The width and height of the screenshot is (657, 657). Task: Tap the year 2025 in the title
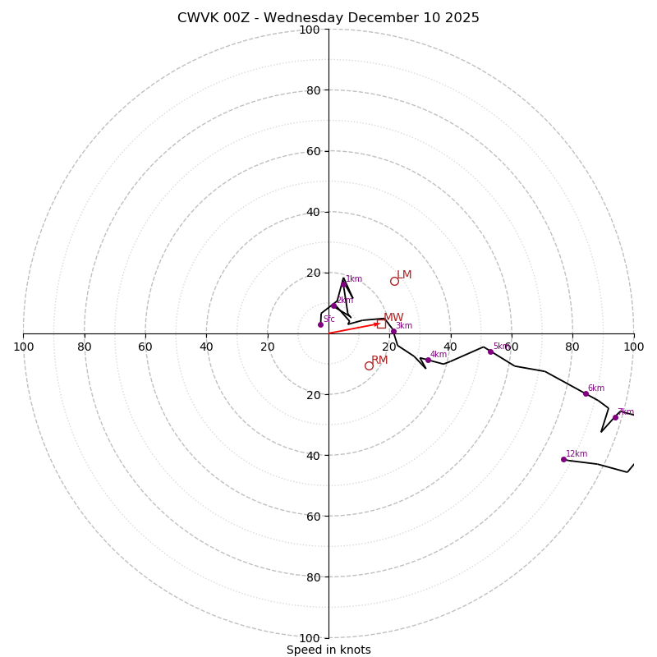pos(462,18)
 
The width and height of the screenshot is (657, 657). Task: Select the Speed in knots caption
pos(328,650)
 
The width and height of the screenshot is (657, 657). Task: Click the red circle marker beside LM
pos(394,281)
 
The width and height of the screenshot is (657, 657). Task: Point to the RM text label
pos(379,361)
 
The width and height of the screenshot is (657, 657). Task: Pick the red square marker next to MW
pos(381,324)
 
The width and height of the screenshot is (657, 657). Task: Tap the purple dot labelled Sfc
pos(320,324)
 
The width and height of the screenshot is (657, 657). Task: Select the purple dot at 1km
pos(343,284)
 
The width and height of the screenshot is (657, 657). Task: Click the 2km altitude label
pos(344,301)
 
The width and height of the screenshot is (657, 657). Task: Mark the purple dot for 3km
pos(393,331)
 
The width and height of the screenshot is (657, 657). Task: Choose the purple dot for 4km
pos(428,360)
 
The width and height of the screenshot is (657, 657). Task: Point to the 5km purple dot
pos(490,351)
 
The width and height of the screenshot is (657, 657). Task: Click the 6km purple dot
pos(586,393)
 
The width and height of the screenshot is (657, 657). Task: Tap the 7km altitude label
pos(625,412)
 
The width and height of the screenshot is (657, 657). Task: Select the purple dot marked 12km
pos(563,459)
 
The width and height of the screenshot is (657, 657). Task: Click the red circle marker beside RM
pos(369,365)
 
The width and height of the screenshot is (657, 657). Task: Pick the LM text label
pos(404,275)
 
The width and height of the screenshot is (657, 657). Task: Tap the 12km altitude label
pos(577,453)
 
